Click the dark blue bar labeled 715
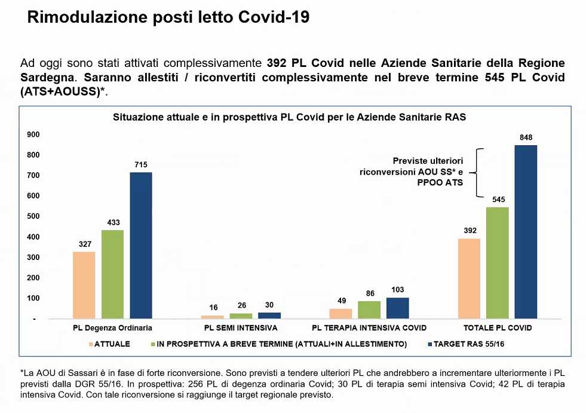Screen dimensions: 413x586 [x=141, y=245]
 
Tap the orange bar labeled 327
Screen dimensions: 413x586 [x=84, y=284]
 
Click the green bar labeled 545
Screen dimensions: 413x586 [x=497, y=263]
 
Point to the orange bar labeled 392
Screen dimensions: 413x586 [x=468, y=279]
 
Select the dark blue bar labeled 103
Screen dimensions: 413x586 [x=397, y=308]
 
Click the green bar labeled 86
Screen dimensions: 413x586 [x=369, y=310]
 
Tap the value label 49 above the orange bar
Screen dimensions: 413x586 [x=340, y=301]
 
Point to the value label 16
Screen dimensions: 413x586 [x=212, y=307]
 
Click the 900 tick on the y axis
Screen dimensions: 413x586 [x=33, y=134]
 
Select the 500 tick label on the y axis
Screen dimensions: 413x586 [x=33, y=216]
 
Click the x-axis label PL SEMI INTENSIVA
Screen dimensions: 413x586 [x=241, y=328]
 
